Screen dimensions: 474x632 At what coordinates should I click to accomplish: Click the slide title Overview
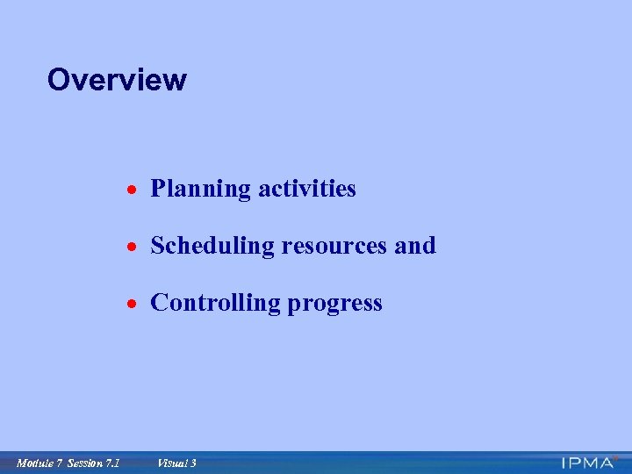[117, 80]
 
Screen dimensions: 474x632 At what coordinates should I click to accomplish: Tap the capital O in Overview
[59, 80]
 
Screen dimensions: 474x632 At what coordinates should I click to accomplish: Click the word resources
[334, 247]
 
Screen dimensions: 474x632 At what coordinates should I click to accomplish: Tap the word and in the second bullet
[415, 246]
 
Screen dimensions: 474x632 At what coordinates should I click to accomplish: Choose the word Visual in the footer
[171, 463]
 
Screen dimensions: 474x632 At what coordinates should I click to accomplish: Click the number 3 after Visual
[193, 463]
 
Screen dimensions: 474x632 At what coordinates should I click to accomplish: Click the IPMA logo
[588, 463]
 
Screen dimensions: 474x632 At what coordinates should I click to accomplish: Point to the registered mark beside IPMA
[616, 457]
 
